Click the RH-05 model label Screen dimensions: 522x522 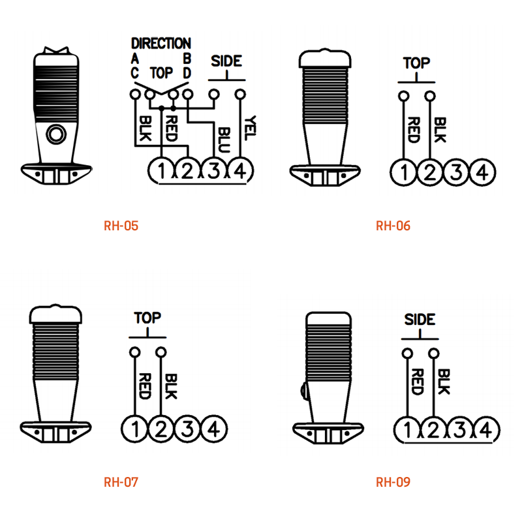coord(121,226)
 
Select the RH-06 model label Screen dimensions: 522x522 coord(393,226)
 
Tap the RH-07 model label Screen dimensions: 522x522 coord(121,482)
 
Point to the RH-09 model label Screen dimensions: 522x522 coord(393,482)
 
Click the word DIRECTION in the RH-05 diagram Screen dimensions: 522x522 coord(161,43)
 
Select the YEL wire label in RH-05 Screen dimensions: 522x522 coord(250,128)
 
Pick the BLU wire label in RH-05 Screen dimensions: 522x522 coord(224,140)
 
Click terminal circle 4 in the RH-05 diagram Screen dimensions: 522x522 coord(240,171)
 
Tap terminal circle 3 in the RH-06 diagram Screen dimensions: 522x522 coord(456,172)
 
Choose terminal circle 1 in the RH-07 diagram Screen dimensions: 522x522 coord(135,429)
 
